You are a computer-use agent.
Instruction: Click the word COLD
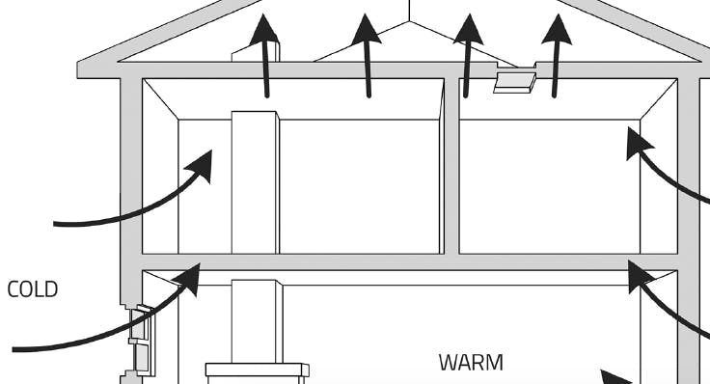[x=32, y=289]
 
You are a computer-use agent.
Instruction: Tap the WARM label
[x=471, y=363]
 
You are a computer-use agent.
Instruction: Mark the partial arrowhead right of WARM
[x=615, y=377]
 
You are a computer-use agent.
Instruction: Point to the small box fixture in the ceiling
[x=514, y=82]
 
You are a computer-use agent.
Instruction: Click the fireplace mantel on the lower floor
[x=257, y=370]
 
